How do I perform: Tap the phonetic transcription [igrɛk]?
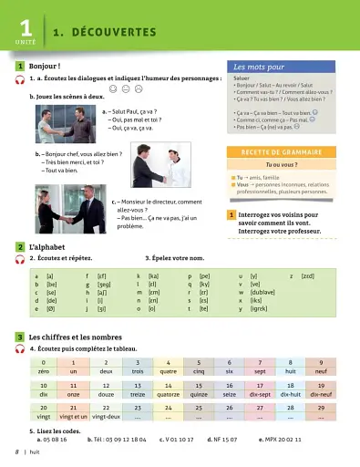(x=259, y=309)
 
